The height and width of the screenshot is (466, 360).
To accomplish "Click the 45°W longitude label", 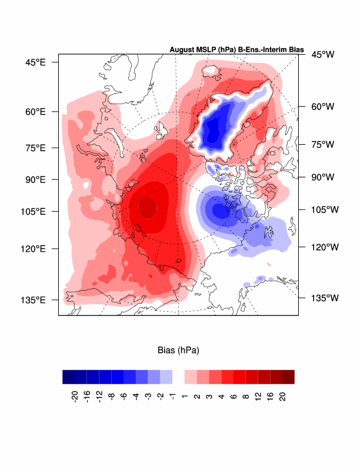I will (x=322, y=55).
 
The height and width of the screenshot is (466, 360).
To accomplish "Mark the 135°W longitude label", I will (x=325, y=298).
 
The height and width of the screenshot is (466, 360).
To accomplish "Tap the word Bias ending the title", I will (x=296, y=51).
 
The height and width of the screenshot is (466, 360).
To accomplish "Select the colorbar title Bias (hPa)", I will (x=178, y=351).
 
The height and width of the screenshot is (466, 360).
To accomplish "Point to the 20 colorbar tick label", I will (x=282, y=395).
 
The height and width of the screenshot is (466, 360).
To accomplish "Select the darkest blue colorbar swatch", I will (x=68, y=377).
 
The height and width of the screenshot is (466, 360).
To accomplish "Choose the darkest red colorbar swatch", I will (x=288, y=377).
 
